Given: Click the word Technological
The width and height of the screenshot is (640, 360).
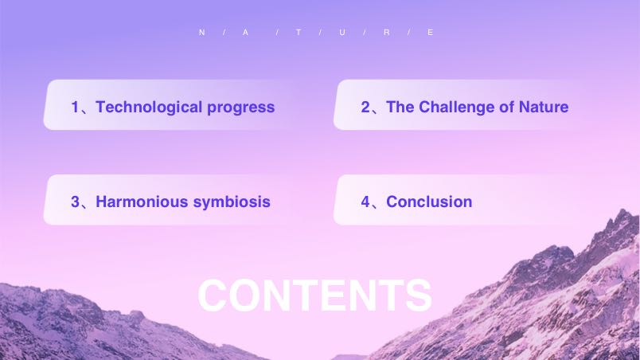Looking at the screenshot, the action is pyautogui.click(x=149, y=108).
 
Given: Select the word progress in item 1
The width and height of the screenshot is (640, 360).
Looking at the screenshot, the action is pyautogui.click(x=241, y=108).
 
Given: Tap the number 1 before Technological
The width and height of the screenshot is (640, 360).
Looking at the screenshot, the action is pyautogui.click(x=75, y=107).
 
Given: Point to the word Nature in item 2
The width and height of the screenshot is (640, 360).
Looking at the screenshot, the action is pyautogui.click(x=544, y=107).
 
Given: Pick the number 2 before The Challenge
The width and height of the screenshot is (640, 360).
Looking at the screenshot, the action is pyautogui.click(x=365, y=107).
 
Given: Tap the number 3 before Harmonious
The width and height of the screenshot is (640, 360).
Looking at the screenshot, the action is pyautogui.click(x=75, y=202).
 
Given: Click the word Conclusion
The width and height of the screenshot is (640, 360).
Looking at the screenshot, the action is pyautogui.click(x=429, y=202).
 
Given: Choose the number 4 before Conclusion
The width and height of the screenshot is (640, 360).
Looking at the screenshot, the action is pyautogui.click(x=365, y=202).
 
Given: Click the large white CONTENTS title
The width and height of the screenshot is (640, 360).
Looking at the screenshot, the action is pyautogui.click(x=314, y=295).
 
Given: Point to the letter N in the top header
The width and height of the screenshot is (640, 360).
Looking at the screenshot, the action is pyautogui.click(x=201, y=32).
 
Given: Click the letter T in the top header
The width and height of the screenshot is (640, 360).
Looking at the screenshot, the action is pyautogui.click(x=299, y=32).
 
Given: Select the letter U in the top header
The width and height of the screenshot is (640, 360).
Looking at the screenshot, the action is pyautogui.click(x=342, y=32).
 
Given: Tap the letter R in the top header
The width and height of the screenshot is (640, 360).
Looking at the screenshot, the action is pyautogui.click(x=387, y=32).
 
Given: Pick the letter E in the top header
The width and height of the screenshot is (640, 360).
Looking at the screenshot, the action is pyautogui.click(x=430, y=32).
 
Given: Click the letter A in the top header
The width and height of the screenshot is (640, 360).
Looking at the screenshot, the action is pyautogui.click(x=245, y=32).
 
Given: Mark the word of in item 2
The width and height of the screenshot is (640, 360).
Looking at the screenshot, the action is pyautogui.click(x=507, y=107).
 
